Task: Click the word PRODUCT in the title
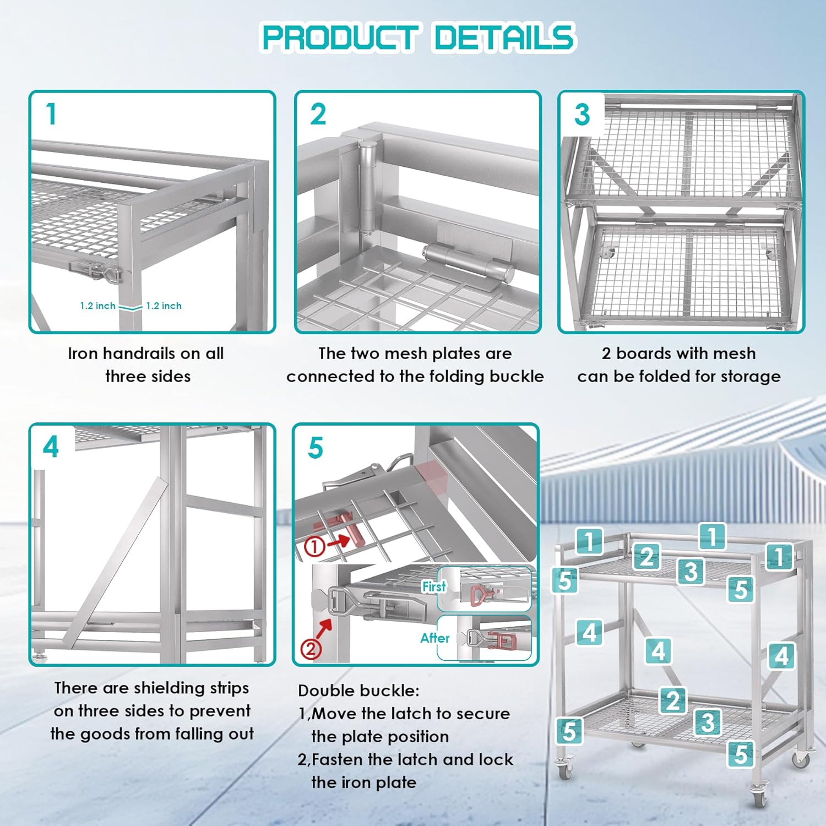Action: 339,37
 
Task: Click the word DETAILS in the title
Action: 504,37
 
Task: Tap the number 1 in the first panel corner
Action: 51,114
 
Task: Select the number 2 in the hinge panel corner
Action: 318,115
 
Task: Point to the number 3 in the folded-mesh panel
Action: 582,115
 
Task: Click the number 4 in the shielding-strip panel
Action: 51,447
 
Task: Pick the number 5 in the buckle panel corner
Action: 316,448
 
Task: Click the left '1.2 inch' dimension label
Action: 97,306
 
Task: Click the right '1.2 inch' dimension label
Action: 164,306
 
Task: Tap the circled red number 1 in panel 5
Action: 314,546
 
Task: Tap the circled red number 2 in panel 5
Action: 311,648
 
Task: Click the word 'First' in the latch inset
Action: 434,586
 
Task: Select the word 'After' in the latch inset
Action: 435,638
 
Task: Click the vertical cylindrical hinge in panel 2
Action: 367,187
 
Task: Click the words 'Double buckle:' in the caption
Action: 358,691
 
